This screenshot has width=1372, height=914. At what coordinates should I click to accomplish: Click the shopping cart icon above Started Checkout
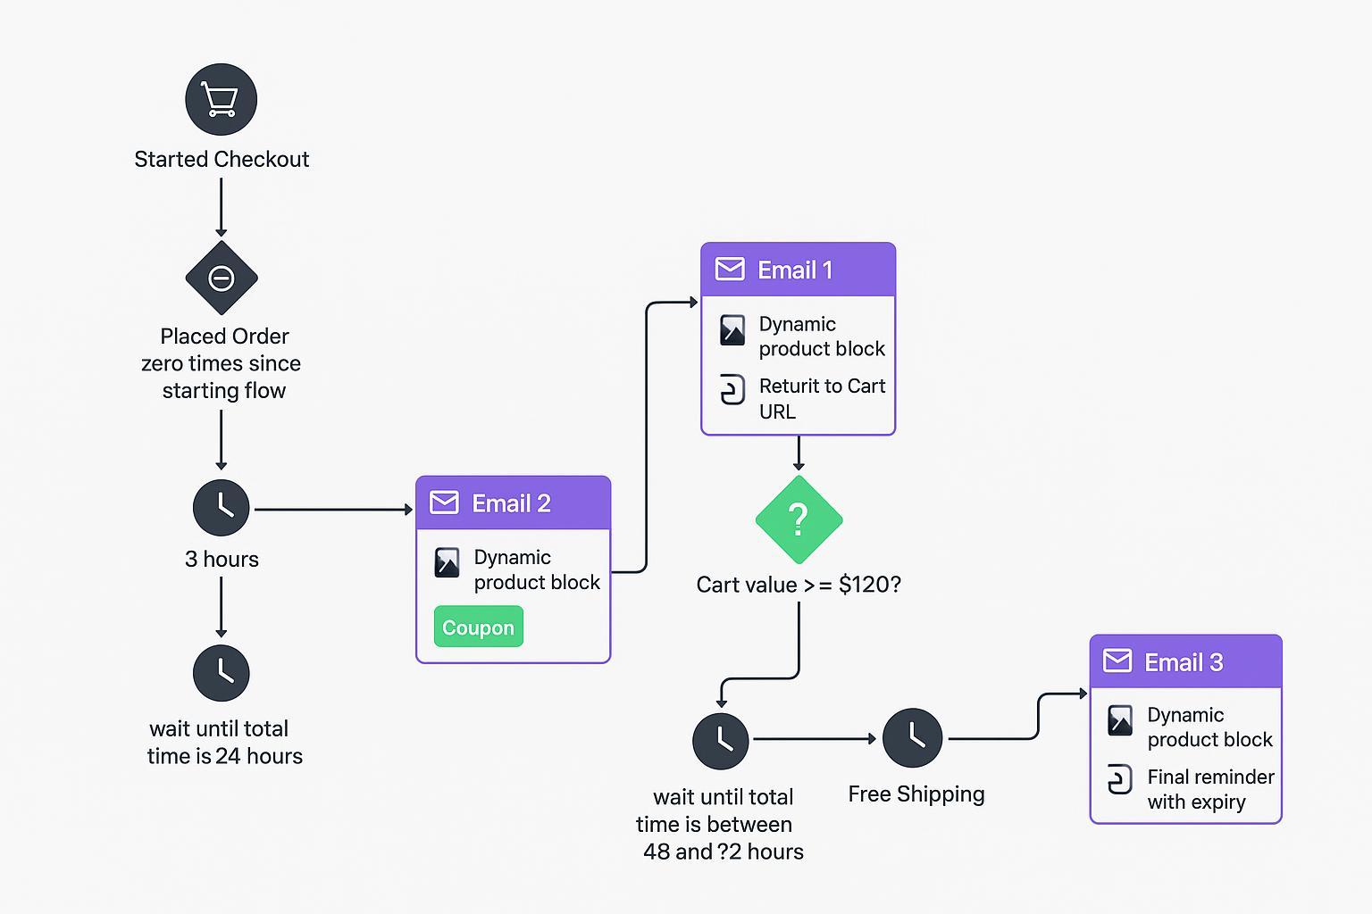coord(221,99)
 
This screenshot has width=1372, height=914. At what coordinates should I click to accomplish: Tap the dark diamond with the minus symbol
coord(221,278)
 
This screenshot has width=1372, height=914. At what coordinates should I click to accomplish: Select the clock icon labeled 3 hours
coord(221,508)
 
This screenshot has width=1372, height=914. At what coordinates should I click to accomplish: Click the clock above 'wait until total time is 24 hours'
coord(221,673)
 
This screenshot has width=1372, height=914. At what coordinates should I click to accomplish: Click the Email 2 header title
coord(511,503)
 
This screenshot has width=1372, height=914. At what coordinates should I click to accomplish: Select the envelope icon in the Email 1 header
coord(730,270)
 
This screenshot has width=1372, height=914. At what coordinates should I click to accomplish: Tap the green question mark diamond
coord(799,519)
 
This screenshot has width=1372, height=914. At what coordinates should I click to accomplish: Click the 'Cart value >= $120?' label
coord(799,585)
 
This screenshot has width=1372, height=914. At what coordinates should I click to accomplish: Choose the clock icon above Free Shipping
coord(912,738)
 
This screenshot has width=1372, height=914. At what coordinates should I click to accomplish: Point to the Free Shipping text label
coord(916,794)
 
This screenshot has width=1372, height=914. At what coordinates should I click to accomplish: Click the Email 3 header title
coord(1184,662)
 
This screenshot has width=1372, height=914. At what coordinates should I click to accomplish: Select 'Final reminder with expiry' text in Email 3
coord(1209,789)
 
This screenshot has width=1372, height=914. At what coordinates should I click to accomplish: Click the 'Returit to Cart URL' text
coord(821,398)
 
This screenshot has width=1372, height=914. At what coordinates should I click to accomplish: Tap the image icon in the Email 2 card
coord(447,562)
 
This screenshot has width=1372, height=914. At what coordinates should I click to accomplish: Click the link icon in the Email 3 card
coord(1119,779)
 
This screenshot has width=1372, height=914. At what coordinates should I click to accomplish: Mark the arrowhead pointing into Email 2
coord(408,510)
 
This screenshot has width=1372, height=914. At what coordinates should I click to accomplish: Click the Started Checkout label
coord(222,159)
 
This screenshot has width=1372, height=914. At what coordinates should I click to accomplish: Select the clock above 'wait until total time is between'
coord(721,741)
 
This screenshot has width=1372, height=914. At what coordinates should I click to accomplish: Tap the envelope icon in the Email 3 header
coord(1117,661)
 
